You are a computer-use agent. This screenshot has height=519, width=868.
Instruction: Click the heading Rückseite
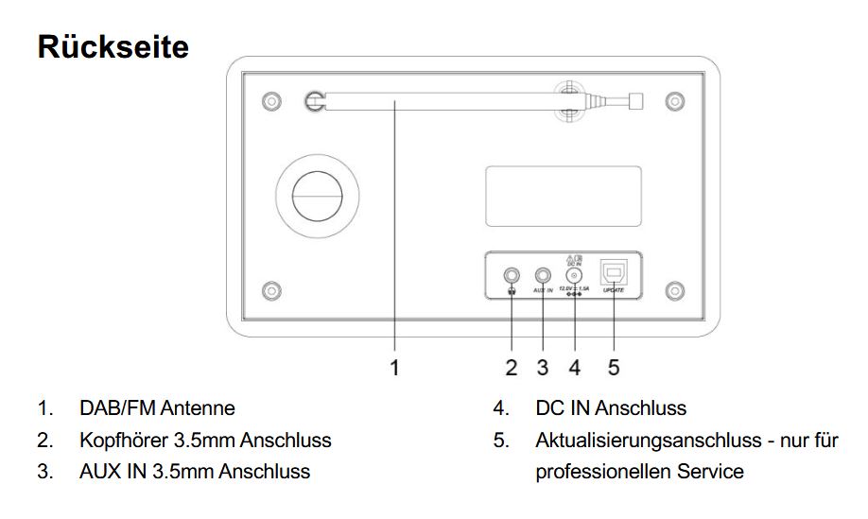point(113,46)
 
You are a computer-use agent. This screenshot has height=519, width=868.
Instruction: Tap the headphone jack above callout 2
point(512,276)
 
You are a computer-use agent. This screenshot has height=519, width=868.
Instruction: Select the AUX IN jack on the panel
point(544,276)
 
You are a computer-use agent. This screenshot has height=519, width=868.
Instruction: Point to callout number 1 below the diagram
point(395,368)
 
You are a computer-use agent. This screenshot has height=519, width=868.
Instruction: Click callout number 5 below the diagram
point(614,368)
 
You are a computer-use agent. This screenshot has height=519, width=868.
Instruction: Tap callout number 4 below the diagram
point(575,368)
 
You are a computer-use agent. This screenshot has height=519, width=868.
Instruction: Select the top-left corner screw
point(270,100)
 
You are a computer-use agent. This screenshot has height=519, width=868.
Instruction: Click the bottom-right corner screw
point(674,290)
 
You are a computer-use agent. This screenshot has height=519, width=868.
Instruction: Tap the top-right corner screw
point(674,100)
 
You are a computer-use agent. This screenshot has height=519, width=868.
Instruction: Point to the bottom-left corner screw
point(270,290)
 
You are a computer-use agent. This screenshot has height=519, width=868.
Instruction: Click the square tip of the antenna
point(636,100)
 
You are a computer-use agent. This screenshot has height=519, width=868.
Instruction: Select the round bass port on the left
point(318,195)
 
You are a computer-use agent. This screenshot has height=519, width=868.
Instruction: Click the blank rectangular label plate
point(563,197)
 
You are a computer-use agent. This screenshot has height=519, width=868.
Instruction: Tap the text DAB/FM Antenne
point(157,408)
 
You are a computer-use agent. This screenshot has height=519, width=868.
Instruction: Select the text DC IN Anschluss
point(611,408)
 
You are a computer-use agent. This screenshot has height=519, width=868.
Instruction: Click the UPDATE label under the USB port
point(614,290)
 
